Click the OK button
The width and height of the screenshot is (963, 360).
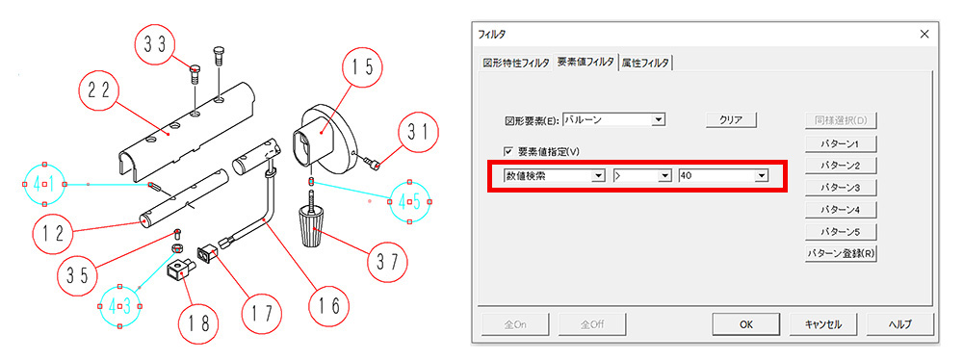[x=745, y=325]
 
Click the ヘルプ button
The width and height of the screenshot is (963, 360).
[x=900, y=325]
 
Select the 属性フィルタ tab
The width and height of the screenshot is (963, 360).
[x=645, y=63]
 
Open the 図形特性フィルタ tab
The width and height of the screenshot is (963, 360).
[x=516, y=63]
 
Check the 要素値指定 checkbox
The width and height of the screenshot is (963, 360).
[x=508, y=151]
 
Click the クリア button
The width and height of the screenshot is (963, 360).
[x=731, y=119]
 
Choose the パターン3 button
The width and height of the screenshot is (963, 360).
[x=840, y=187]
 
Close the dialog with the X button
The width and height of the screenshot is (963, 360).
[x=924, y=34]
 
